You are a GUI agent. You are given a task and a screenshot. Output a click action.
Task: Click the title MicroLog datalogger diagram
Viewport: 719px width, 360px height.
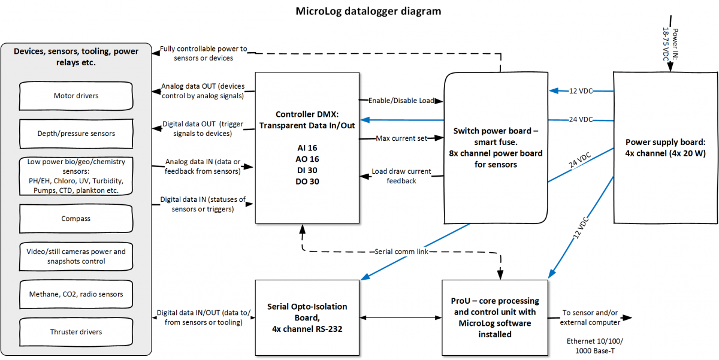[368, 11]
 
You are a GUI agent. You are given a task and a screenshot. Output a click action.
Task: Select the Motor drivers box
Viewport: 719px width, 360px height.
[76, 96]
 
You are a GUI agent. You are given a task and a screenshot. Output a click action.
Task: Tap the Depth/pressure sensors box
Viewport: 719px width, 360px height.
[76, 133]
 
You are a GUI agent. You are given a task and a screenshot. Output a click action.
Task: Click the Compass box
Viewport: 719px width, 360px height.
[76, 219]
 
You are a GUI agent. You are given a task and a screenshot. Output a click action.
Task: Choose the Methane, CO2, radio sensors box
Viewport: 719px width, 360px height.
[76, 294]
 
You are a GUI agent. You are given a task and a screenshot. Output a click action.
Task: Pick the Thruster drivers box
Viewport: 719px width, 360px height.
[76, 332]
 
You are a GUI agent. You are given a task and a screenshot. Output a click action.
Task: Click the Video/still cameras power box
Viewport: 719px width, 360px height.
[76, 256]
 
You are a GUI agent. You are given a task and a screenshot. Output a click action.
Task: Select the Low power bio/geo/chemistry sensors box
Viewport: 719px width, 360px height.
[76, 176]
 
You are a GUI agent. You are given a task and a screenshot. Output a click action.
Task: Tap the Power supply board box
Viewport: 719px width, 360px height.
[665, 147]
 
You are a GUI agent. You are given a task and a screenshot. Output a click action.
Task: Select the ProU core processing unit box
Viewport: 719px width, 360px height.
[495, 317]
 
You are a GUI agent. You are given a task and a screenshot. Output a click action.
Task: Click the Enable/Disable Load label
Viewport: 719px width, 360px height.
[401, 101]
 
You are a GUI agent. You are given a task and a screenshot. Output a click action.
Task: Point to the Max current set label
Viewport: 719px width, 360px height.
[401, 138]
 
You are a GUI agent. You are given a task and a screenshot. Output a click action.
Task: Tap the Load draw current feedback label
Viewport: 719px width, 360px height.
[401, 176]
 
